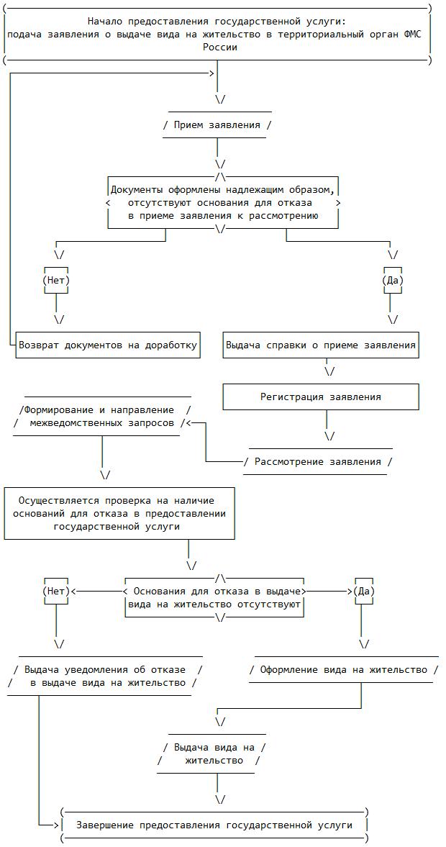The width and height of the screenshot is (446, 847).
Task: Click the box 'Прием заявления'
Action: pos(217,124)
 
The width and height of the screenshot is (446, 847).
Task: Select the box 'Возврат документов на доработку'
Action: pos(107,345)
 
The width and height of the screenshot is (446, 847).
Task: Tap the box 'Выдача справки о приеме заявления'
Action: pos(321,345)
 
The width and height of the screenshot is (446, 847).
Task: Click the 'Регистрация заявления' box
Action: pos(321,397)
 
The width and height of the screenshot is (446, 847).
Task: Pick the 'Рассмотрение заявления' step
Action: pos(318,461)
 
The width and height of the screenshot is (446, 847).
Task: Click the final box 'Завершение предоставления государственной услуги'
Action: pos(214,825)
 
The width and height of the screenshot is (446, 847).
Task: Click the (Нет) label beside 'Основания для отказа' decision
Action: pos(56,591)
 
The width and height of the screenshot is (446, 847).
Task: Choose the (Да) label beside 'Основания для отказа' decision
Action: pos(364,591)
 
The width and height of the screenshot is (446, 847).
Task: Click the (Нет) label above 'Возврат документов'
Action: pos(56,280)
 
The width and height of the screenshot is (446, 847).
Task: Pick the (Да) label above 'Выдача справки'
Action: pos(393,280)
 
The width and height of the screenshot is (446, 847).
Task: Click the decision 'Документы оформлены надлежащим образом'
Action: pos(222,202)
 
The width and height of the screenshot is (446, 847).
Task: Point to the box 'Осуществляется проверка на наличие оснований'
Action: pos(119,513)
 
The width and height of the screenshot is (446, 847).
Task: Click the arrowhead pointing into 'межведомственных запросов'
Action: pos(188,423)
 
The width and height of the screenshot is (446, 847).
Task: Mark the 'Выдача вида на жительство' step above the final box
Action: pos(214,754)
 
